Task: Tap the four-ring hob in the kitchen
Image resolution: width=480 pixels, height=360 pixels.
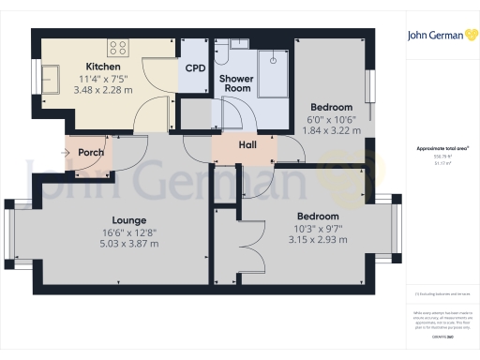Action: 118,46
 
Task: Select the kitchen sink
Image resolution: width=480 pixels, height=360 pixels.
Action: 51,75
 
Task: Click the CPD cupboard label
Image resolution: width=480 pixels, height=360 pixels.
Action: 194,68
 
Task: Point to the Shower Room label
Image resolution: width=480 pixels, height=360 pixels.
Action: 236,83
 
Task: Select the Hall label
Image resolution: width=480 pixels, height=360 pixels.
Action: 248,145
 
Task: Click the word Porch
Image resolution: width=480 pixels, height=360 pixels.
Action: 91,152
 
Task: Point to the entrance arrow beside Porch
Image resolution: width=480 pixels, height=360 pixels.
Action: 69,151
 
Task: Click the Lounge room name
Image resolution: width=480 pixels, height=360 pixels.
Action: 118,220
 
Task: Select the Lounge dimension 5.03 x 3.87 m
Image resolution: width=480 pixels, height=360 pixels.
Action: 118,243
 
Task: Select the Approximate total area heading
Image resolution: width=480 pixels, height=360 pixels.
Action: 442,149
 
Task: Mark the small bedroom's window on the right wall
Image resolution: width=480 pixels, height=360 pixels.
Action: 371,83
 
